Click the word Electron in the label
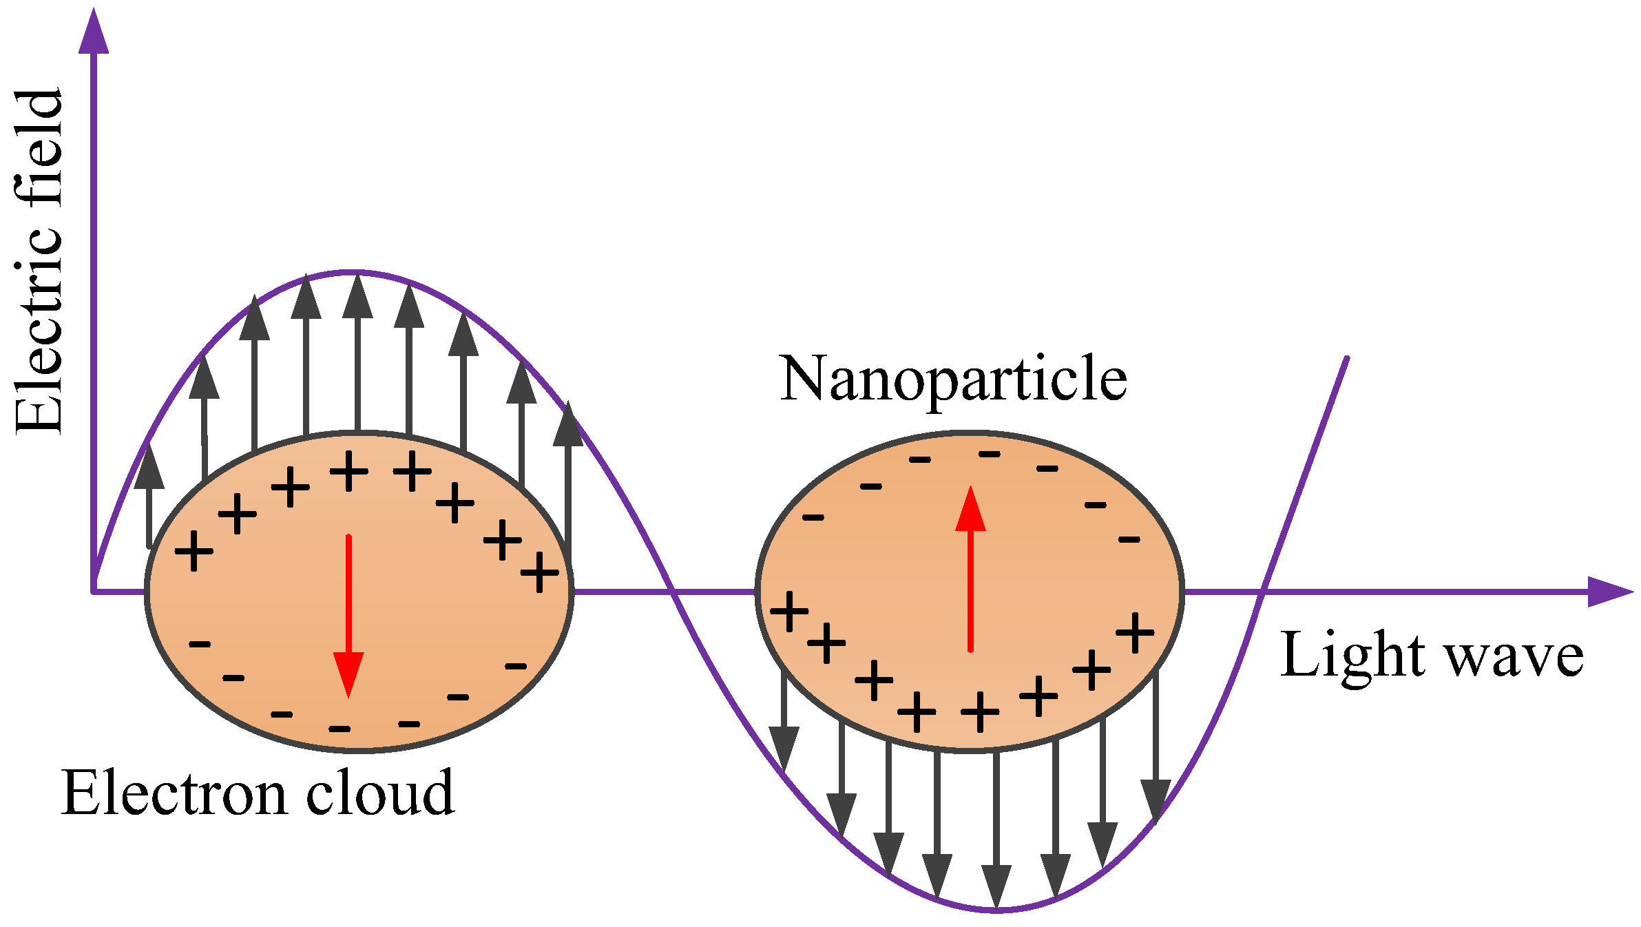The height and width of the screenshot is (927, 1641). coord(173,793)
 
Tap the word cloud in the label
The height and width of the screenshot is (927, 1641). coord(379,793)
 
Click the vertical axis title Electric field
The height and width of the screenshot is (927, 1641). coord(40,262)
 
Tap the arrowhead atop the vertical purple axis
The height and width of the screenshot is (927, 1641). coord(94,31)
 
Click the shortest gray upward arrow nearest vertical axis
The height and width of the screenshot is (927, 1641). coord(149,496)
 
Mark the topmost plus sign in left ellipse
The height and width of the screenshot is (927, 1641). coord(349,471)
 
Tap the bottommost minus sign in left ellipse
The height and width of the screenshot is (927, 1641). coord(339,729)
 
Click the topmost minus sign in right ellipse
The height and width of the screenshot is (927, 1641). coord(990,454)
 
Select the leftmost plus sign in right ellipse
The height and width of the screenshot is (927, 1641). coord(788,611)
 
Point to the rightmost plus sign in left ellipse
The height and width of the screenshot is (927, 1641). coord(540,572)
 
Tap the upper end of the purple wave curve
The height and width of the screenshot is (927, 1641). coord(1346,358)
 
